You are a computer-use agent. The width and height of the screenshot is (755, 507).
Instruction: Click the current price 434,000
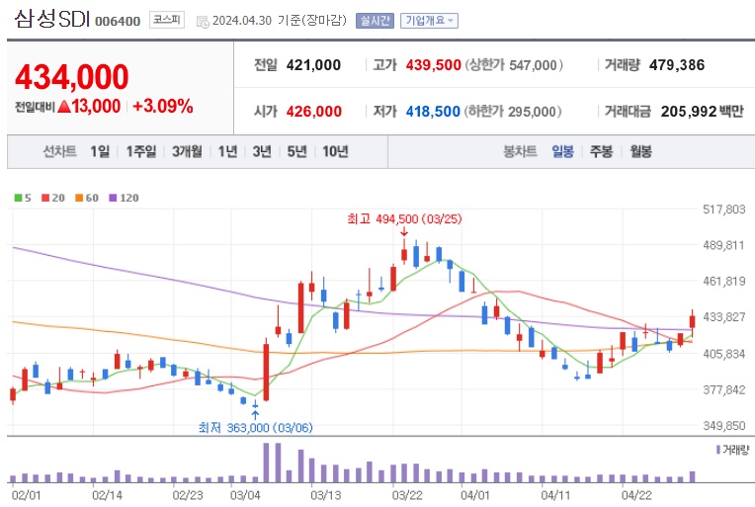click(x=72, y=76)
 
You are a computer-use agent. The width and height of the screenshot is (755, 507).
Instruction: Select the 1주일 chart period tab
click(x=141, y=151)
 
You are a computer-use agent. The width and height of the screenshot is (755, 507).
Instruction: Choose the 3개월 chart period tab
click(x=186, y=151)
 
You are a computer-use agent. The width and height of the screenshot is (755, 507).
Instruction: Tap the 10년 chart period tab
click(x=335, y=151)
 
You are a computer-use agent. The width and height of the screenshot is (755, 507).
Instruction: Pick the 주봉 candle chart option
click(x=601, y=151)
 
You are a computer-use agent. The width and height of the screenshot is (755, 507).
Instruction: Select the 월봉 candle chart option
click(x=639, y=151)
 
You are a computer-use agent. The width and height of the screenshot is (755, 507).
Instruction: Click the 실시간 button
click(x=375, y=20)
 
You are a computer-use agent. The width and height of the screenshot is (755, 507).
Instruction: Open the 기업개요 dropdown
click(x=429, y=20)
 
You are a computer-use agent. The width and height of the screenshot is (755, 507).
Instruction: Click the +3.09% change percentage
click(x=162, y=106)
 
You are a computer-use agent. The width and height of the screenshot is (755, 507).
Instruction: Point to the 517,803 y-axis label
click(x=722, y=210)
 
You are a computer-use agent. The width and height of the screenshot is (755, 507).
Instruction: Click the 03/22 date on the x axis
click(x=407, y=492)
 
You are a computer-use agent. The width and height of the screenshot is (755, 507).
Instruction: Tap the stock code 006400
click(x=118, y=21)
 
